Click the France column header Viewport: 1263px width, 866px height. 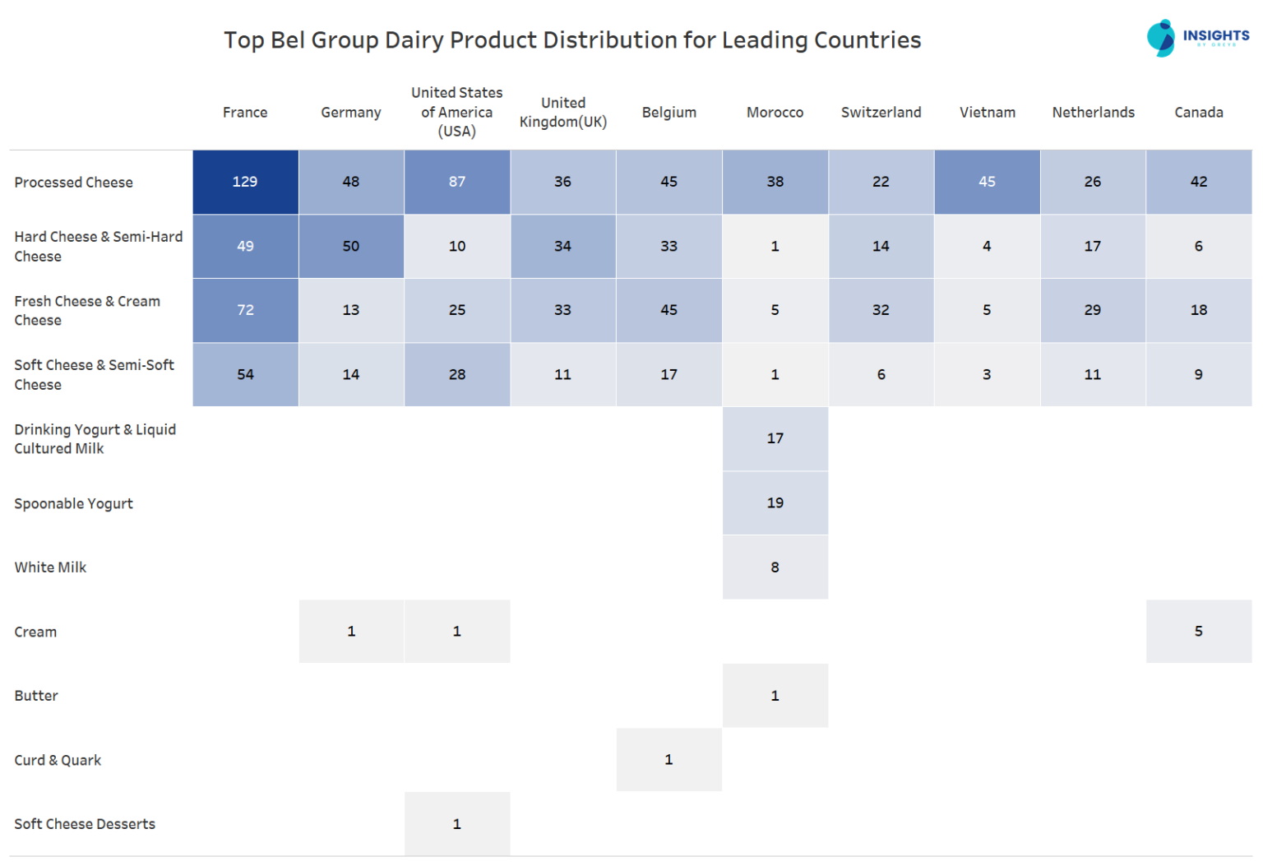[245, 113]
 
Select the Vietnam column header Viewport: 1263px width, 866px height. [987, 113]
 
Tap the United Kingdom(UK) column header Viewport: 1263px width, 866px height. [563, 113]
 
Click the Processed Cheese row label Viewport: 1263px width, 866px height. [73, 183]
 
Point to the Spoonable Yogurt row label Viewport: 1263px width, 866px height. [73, 503]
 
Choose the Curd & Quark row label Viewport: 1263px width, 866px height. [58, 760]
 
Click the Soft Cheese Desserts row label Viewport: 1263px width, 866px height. [85, 824]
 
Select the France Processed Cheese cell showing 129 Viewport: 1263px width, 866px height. [245, 182]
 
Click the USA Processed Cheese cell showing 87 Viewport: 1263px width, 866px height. [457, 182]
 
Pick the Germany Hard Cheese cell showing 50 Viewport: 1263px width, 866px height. [351, 246]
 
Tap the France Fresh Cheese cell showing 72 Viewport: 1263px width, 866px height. [245, 310]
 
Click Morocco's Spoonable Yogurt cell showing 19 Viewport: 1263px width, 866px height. [775, 502]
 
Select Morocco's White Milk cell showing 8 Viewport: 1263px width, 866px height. [775, 567]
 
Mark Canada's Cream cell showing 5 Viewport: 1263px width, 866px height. [1199, 631]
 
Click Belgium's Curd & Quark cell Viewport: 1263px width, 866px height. [669, 759]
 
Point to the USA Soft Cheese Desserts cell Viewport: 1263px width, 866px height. [457, 823]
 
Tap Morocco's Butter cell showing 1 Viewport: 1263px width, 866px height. [775, 695]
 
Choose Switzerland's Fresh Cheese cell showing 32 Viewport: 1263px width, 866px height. [881, 310]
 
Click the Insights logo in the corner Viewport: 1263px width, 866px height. [1197, 38]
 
